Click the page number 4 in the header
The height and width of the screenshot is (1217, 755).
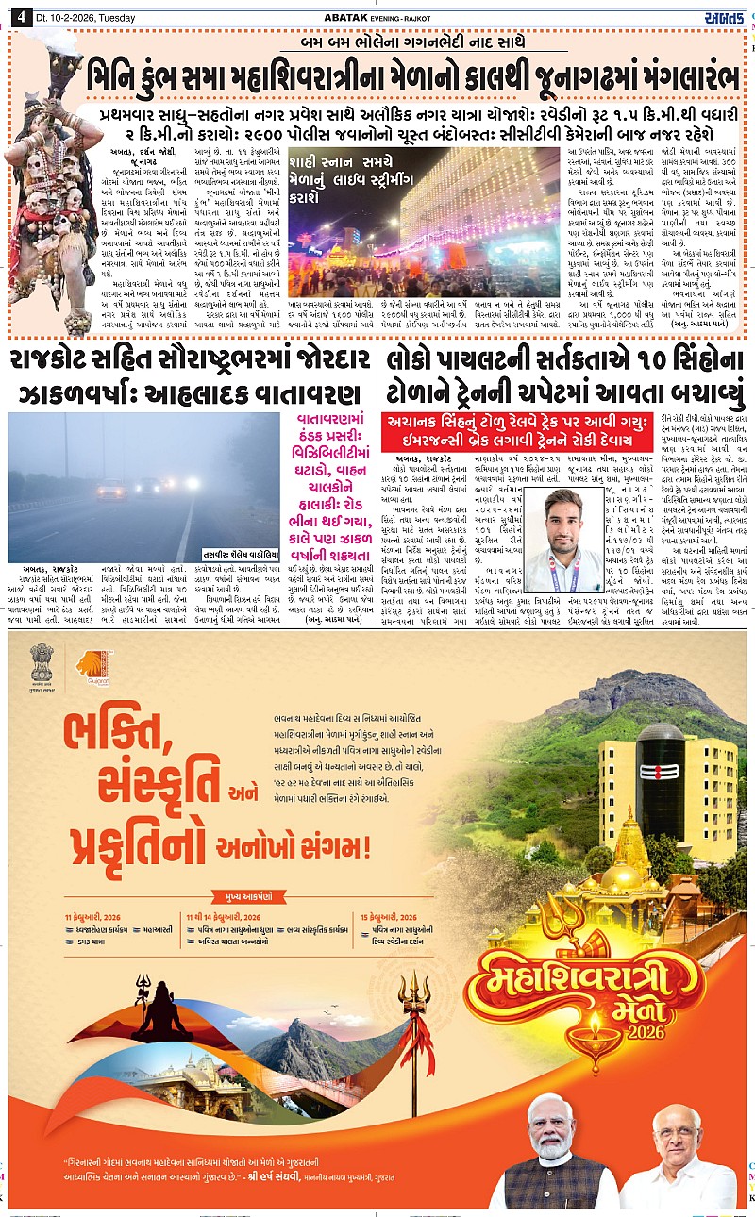[19, 18]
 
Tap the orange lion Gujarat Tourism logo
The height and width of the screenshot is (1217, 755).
[91, 666]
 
